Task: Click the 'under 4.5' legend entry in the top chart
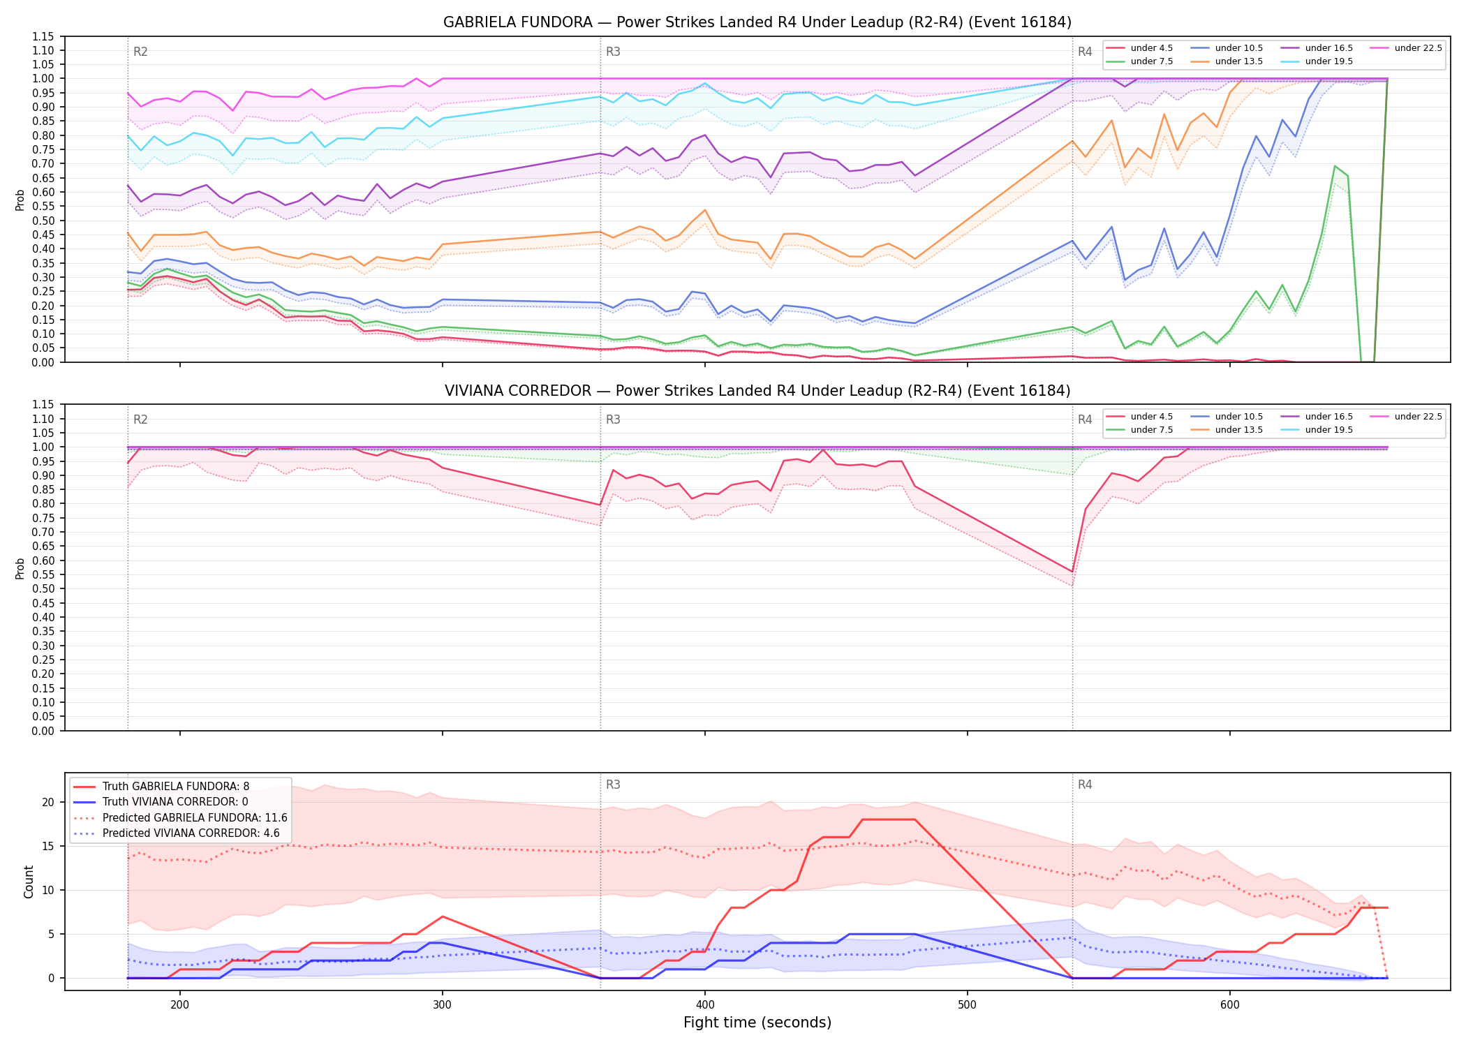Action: pyautogui.click(x=1140, y=48)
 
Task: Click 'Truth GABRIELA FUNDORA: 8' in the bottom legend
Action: pyautogui.click(x=161, y=787)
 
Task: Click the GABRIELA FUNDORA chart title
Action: pyautogui.click(x=757, y=22)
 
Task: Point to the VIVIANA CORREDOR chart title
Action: pyautogui.click(x=757, y=391)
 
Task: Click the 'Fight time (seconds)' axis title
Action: pyautogui.click(x=757, y=1023)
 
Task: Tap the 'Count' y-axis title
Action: pyautogui.click(x=29, y=882)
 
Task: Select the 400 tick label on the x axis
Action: pyautogui.click(x=705, y=1004)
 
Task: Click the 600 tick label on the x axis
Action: pyautogui.click(x=1230, y=1004)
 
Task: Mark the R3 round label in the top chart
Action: pyautogui.click(x=613, y=52)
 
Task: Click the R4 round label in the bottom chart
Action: pyautogui.click(x=1085, y=785)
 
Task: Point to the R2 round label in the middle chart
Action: pyautogui.click(x=140, y=419)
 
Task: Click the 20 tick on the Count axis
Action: pyautogui.click(x=48, y=802)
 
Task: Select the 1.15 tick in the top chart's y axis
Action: pyautogui.click(x=43, y=36)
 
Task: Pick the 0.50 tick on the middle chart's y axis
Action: pyautogui.click(x=43, y=589)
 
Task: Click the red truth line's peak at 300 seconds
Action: pyautogui.click(x=443, y=916)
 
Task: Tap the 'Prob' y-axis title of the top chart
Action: pyautogui.click(x=20, y=200)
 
